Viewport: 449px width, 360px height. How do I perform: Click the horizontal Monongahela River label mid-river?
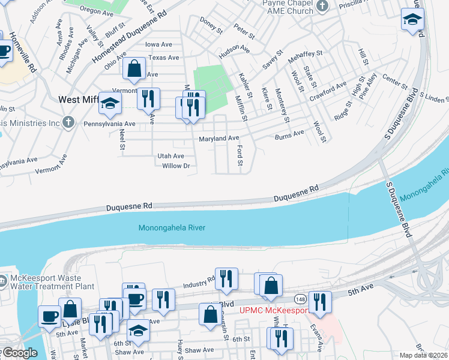[172, 227]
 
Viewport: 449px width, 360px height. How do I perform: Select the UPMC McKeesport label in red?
[274, 310]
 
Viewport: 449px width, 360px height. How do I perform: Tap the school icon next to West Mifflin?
[110, 104]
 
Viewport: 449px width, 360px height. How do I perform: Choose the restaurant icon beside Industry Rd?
[226, 278]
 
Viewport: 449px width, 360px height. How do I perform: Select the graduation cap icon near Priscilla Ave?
[412, 19]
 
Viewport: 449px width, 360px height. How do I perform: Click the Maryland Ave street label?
[219, 139]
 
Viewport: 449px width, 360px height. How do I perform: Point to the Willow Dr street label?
[176, 166]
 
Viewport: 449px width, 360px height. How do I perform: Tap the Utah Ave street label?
[170, 155]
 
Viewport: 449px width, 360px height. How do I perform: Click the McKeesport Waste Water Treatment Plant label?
[52, 282]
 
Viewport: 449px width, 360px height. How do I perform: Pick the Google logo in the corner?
[19, 353]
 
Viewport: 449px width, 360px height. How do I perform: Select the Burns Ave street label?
[289, 134]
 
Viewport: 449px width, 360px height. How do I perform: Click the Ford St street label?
[240, 155]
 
